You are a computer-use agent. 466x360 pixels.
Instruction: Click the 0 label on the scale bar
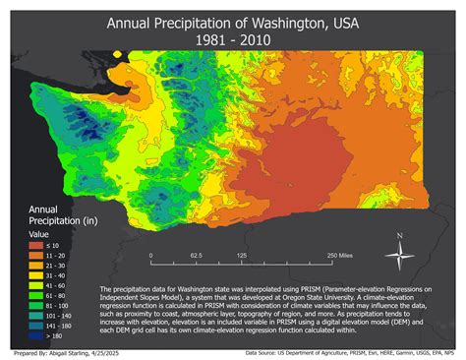coord(150,254)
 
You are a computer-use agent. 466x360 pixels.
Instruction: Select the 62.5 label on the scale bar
coord(196,254)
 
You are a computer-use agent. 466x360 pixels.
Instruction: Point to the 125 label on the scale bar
coord(241,254)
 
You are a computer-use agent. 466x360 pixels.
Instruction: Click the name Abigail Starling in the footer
coord(66,352)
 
